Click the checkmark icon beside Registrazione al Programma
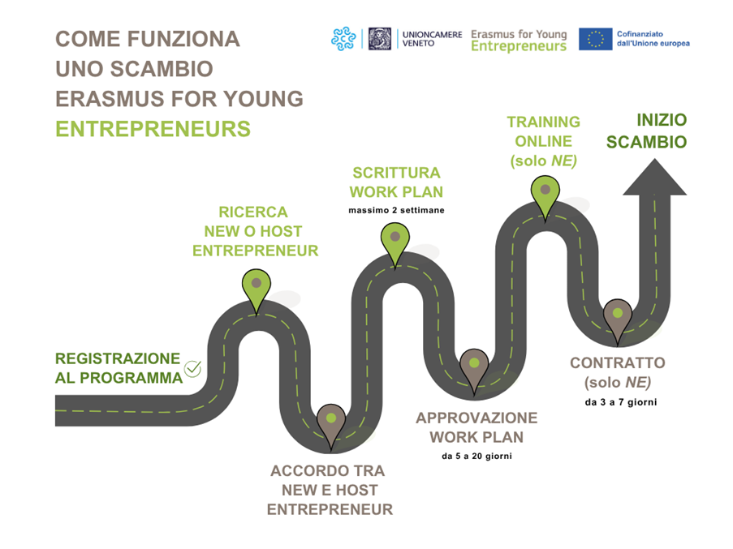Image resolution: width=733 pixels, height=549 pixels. click(192, 369)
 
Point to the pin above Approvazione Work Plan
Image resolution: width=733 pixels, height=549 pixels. click(472, 369)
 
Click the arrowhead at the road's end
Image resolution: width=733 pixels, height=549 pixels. click(653, 179)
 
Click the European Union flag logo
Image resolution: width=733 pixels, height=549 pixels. click(595, 39)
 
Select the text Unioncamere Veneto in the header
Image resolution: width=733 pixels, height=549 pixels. click(432, 39)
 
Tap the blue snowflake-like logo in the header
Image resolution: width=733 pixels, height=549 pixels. click(343, 39)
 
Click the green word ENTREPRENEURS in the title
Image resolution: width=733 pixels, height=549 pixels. click(153, 130)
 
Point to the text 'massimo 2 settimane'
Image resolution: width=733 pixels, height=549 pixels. click(396, 211)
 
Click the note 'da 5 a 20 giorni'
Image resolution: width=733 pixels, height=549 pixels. click(476, 456)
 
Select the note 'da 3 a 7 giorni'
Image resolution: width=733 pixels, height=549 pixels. click(621, 401)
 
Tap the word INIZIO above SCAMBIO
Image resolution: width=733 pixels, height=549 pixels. click(662, 121)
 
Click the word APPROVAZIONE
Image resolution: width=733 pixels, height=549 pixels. click(476, 418)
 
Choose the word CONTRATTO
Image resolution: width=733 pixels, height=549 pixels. click(617, 363)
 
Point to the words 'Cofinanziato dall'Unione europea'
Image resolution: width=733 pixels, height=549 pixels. click(653, 38)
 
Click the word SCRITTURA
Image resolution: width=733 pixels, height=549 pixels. click(396, 173)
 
